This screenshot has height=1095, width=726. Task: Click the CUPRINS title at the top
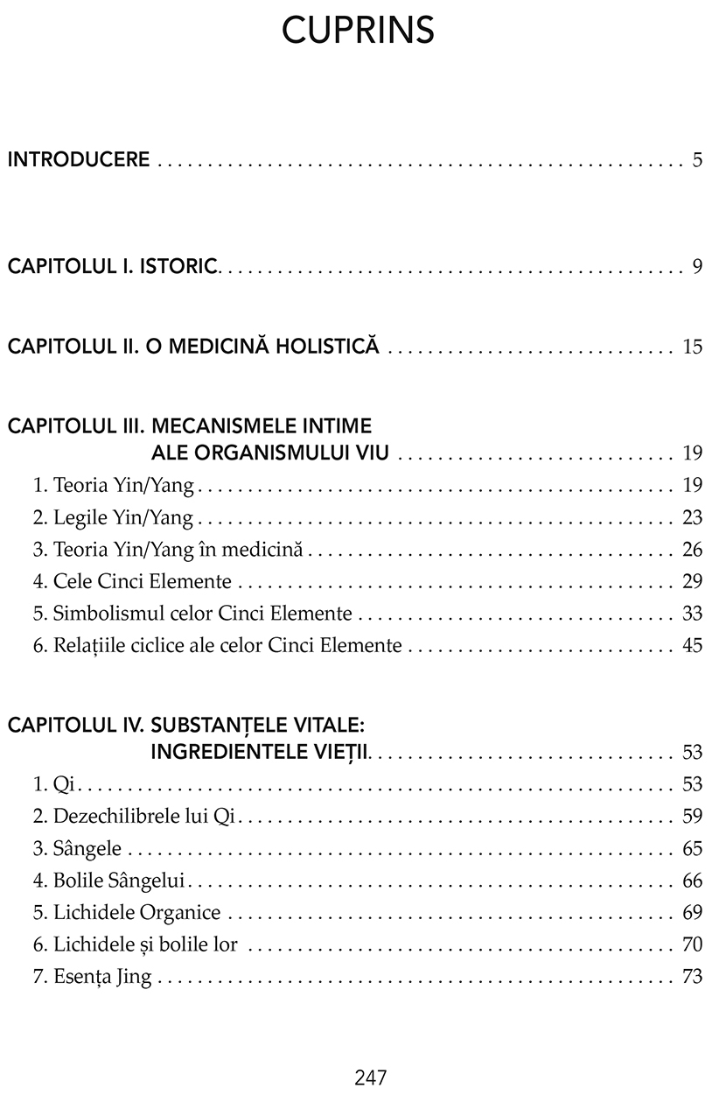[x=359, y=32]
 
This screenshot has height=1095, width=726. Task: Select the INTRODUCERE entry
[x=79, y=160]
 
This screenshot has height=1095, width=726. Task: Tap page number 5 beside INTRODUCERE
[x=697, y=160]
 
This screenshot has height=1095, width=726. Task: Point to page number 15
[x=693, y=347]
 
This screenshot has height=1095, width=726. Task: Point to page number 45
[x=693, y=646]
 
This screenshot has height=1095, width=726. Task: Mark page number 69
[x=693, y=913]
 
